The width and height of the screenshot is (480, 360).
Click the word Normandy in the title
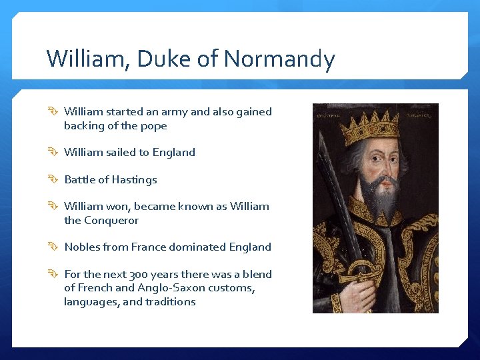pos(279,59)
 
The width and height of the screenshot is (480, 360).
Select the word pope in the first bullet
pos(154,126)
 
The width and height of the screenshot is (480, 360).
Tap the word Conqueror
pos(111,221)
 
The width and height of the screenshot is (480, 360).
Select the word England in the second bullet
pos(174,153)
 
